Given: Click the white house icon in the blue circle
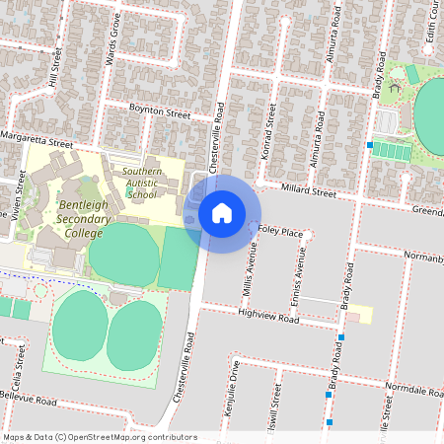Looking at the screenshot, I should click(x=222, y=213).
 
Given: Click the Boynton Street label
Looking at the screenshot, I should click(x=161, y=114).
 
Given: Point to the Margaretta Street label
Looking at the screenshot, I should click(x=37, y=139).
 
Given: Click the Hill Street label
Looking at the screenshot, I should click(x=55, y=70).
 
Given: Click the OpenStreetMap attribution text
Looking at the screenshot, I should click(x=99, y=436).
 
